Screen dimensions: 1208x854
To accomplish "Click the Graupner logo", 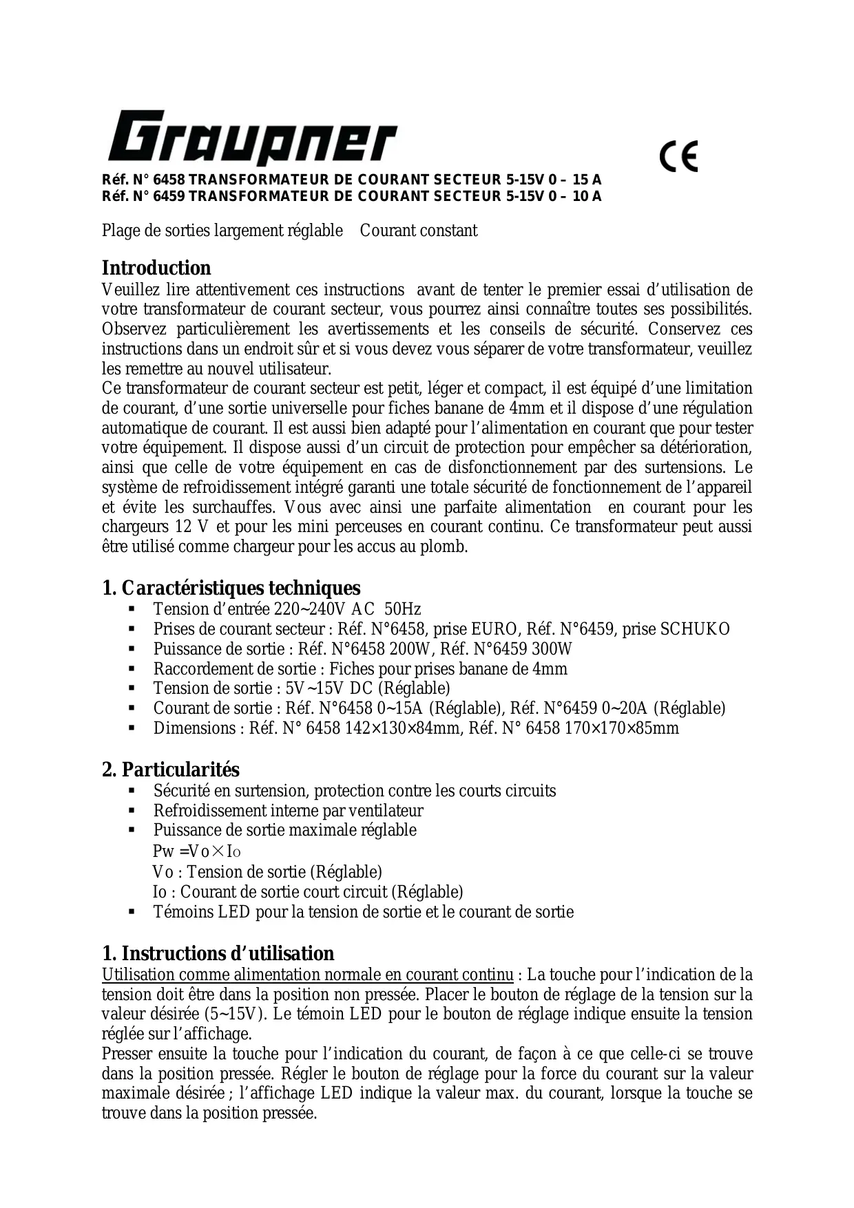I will [251, 138].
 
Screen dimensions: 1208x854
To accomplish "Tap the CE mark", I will [678, 156].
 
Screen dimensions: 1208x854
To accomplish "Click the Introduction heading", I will [156, 268].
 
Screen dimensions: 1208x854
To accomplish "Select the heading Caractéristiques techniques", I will [231, 588].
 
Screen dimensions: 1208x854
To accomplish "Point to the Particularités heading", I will [171, 770].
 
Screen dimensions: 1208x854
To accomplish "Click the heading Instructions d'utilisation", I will [218, 953].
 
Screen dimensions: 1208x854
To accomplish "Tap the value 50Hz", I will [403, 609].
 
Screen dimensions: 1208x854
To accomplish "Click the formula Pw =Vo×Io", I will [196, 851].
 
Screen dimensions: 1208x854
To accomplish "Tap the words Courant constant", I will [418, 231].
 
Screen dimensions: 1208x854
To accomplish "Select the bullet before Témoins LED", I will [131, 912].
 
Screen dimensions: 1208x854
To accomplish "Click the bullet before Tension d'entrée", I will [131, 609].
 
